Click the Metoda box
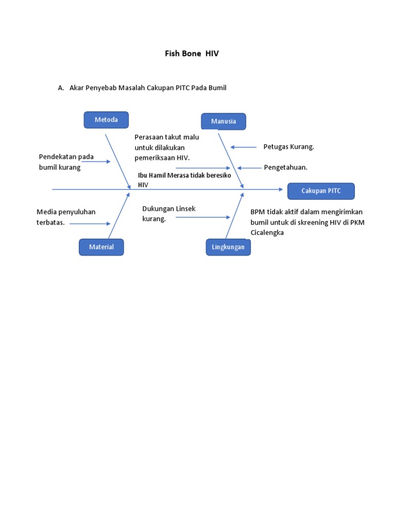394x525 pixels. [106, 120]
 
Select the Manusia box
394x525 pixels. [223, 122]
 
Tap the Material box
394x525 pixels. [101, 247]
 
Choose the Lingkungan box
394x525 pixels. [228, 247]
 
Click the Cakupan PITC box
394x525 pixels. [321, 191]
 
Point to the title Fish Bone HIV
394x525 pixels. [191, 53]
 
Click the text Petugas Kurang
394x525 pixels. [288, 147]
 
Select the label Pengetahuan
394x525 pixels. [285, 168]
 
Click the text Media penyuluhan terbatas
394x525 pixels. [66, 217]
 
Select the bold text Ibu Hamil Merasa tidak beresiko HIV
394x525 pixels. [184, 179]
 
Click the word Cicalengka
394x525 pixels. [267, 232]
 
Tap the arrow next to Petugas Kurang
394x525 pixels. [244, 147]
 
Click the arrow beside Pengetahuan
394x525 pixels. [249, 168]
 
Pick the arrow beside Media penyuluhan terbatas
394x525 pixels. [90, 224]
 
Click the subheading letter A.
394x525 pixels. [61, 88]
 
